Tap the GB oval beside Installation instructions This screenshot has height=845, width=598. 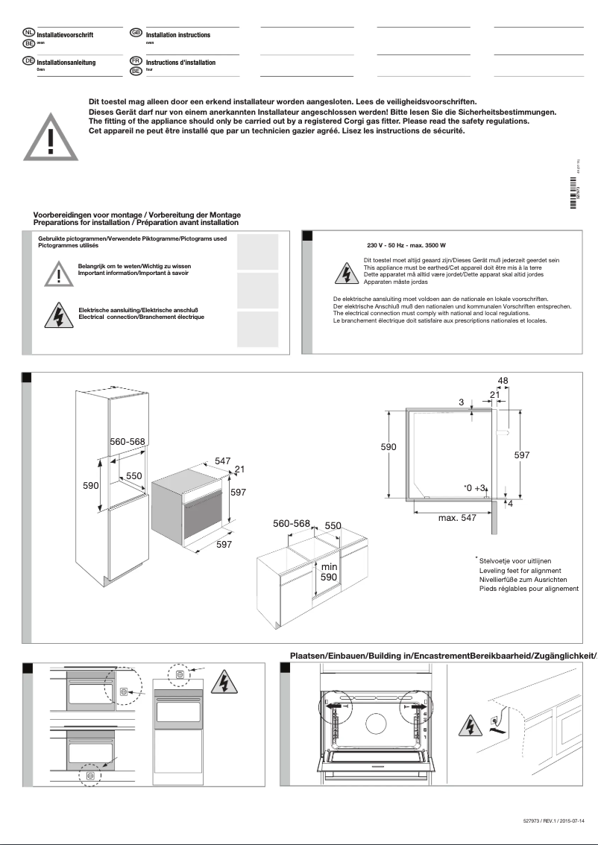pyautogui.click(x=136, y=33)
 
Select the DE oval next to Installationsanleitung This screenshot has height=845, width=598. pyautogui.click(x=29, y=60)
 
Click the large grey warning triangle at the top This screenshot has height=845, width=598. pyautogui.click(x=50, y=135)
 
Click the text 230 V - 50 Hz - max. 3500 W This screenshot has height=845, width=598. pyautogui.click(x=406, y=245)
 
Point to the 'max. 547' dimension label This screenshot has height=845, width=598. pyautogui.click(x=457, y=517)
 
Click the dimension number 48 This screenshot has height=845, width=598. pyautogui.click(x=503, y=381)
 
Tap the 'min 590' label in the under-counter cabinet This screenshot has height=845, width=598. pyautogui.click(x=329, y=572)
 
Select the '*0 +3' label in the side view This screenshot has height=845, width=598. pyautogui.click(x=474, y=487)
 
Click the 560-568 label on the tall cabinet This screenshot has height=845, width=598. pyautogui.click(x=128, y=442)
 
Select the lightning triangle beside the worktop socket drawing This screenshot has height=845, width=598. pyautogui.click(x=468, y=724)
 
